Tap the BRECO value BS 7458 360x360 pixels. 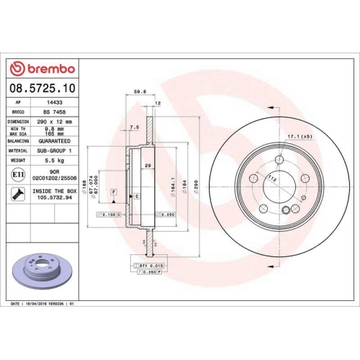pyautogui.click(x=52, y=113)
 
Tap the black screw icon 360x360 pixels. pyautogui.click(x=17, y=193)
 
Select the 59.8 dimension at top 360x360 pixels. pyautogui.click(x=141, y=91)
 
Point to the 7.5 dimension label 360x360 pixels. pyautogui.click(x=133, y=127)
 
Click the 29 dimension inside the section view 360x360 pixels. pyautogui.click(x=147, y=166)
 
